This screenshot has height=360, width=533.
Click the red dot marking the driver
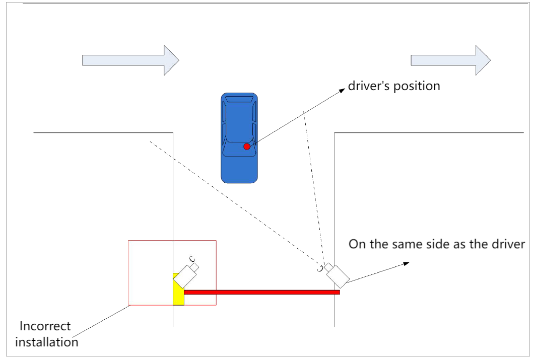247,147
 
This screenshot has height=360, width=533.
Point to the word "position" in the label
417,86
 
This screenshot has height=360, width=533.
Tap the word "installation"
47,342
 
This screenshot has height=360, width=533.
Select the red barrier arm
262,292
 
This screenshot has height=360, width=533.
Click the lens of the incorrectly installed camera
192,260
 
